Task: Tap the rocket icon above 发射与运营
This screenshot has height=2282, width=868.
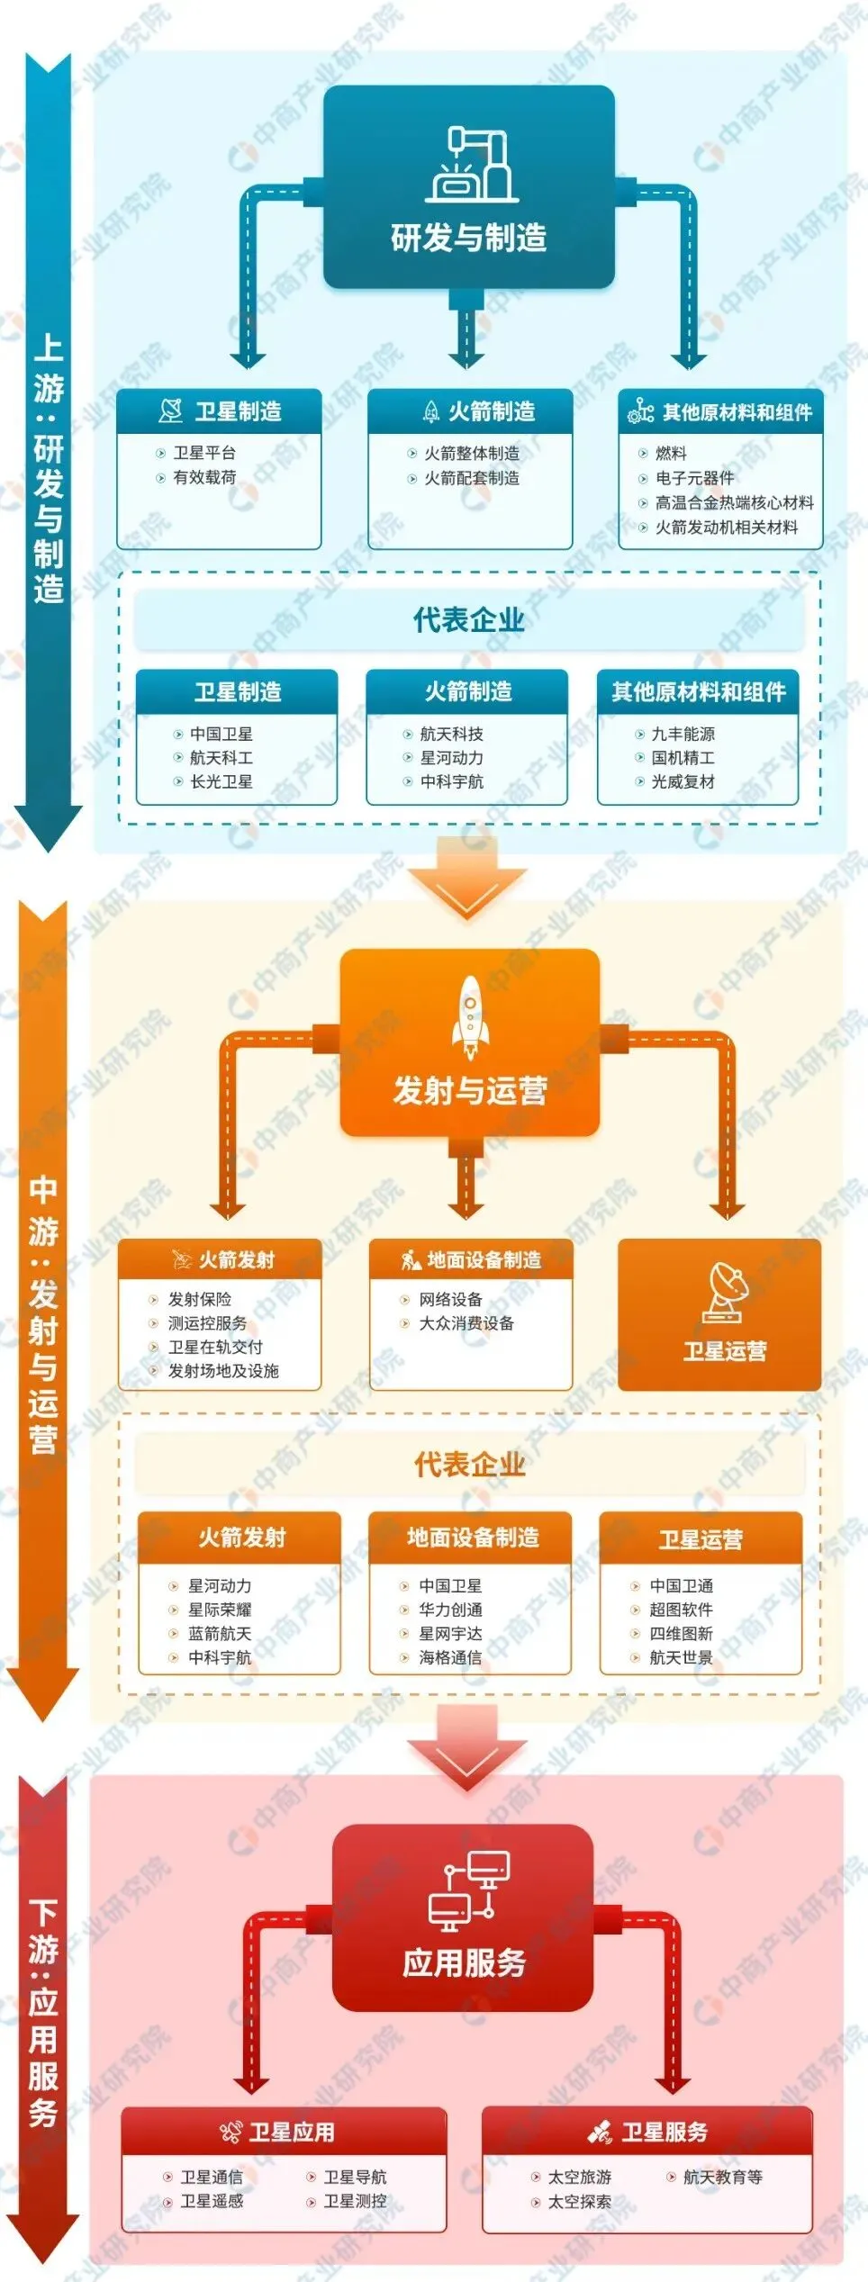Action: (x=470, y=1016)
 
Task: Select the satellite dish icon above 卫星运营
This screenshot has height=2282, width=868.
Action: (x=726, y=1293)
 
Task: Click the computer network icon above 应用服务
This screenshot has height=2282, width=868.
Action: (x=468, y=1890)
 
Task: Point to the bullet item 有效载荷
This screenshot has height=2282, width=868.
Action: (x=204, y=477)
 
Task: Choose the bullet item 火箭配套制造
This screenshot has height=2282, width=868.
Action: (x=471, y=478)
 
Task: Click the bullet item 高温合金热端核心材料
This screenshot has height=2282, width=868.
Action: (x=734, y=502)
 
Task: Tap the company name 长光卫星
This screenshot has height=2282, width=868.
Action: (x=221, y=781)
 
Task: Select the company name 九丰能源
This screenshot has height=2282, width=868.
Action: (x=683, y=734)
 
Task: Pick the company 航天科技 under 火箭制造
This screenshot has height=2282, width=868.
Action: (x=451, y=734)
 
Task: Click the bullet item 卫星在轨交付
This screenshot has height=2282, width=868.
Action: (x=215, y=1347)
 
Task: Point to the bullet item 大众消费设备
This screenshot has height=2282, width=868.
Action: (x=466, y=1323)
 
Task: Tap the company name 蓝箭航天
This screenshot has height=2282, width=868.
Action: (x=219, y=1633)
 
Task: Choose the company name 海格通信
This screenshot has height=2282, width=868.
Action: (x=450, y=1657)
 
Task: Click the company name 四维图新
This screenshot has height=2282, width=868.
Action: (x=681, y=1633)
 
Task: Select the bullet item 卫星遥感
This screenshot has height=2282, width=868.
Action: (x=212, y=2200)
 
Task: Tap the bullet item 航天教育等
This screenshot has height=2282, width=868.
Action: (x=722, y=2177)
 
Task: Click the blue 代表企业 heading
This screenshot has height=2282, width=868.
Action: (x=468, y=620)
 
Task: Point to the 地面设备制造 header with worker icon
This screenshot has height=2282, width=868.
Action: (x=471, y=1260)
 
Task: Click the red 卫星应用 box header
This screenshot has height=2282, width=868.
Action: (x=284, y=2132)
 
